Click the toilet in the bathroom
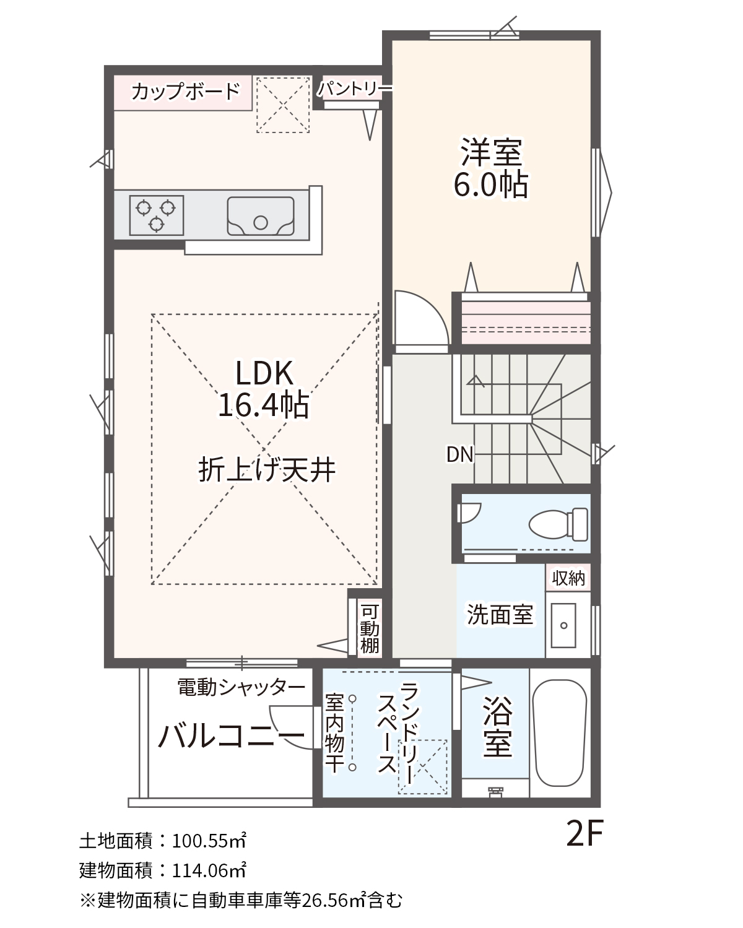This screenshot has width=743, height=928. (x=558, y=524)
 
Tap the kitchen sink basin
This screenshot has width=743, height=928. (x=261, y=216)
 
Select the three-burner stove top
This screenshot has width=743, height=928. (x=157, y=215)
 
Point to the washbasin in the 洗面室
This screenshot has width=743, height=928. (x=563, y=625)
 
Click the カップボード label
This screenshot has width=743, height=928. (x=185, y=92)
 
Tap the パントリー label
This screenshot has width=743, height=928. (x=354, y=89)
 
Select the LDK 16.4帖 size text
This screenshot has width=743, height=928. (x=264, y=389)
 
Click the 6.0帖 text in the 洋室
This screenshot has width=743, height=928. (x=491, y=185)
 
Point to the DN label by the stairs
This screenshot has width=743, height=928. (x=459, y=454)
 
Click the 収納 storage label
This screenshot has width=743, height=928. (x=568, y=578)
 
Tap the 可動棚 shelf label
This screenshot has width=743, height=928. (x=370, y=629)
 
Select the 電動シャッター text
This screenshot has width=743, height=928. (x=241, y=687)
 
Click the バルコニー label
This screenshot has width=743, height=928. (x=232, y=735)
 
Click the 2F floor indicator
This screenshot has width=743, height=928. (x=584, y=833)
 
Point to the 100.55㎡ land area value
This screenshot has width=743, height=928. (x=209, y=841)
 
